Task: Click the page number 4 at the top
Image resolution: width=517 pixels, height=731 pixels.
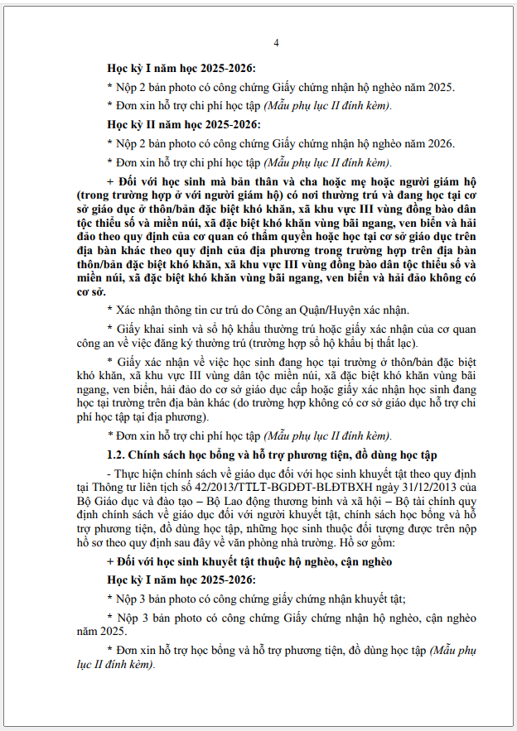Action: pos(276,42)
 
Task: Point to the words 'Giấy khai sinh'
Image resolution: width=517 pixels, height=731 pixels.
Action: pos(151,328)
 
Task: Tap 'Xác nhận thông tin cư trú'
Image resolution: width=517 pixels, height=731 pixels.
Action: pos(176,310)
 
